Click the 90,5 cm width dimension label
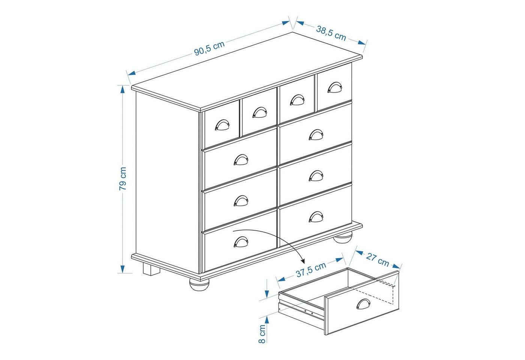pyautogui.click(x=209, y=48)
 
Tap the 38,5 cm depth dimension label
pyautogui.click(x=331, y=33)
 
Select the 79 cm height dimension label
pyautogui.click(x=123, y=178)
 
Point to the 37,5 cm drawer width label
pyautogui.click(x=311, y=269)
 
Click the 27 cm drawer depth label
pyautogui.click(x=377, y=260)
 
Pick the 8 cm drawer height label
pyautogui.click(x=262, y=334)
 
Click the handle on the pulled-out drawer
pyautogui.click(x=363, y=304)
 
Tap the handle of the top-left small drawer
pyautogui.click(x=222, y=125)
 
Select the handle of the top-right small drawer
pyautogui.click(x=334, y=87)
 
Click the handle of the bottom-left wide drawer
pyautogui.click(x=241, y=242)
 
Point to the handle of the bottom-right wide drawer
pyautogui.click(x=316, y=217)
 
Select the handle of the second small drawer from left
pyautogui.click(x=259, y=112)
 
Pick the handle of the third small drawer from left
pyautogui.click(x=297, y=100)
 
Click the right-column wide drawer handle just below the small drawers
pyautogui.click(x=316, y=135)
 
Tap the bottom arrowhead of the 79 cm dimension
pyautogui.click(x=123, y=269)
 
